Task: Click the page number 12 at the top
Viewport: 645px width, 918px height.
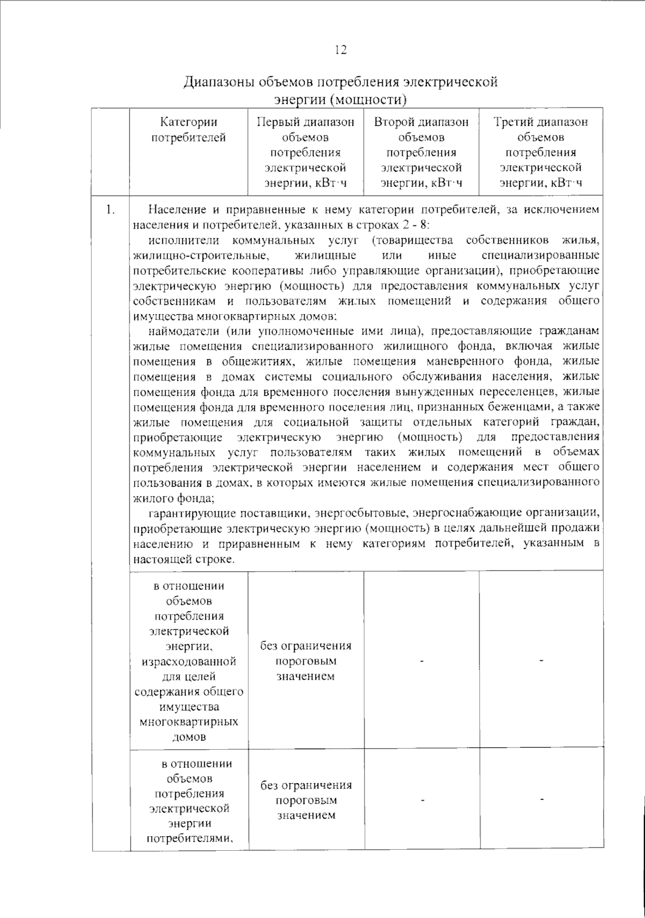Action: click(x=340, y=50)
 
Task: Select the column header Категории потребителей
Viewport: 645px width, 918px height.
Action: click(x=188, y=130)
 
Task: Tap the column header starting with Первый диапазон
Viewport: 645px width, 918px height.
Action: click(x=305, y=152)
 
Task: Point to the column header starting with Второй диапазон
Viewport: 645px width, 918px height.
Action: click(x=421, y=152)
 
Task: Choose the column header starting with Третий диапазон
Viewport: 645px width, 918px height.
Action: click(x=540, y=152)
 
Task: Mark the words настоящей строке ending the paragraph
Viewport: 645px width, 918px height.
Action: click(x=183, y=559)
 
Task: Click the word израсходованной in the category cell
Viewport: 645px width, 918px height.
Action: click(x=189, y=661)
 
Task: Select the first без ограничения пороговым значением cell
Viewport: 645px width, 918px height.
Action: click(x=305, y=661)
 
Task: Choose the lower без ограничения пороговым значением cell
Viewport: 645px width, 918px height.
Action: click(x=305, y=800)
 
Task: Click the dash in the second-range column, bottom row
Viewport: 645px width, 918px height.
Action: click(x=422, y=800)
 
